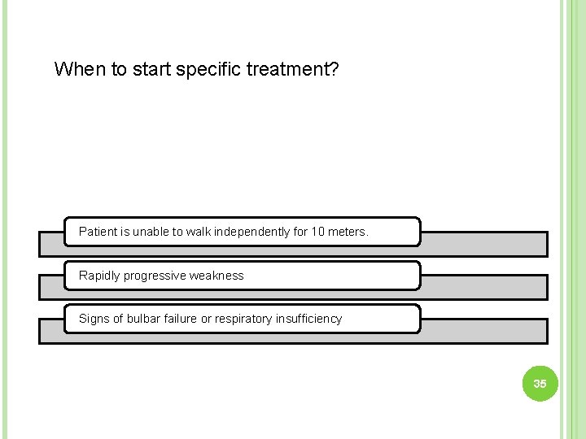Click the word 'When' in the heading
80,69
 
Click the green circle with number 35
540,383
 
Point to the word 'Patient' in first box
98,232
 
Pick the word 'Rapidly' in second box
99,276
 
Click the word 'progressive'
155,276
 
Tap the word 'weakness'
216,276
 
